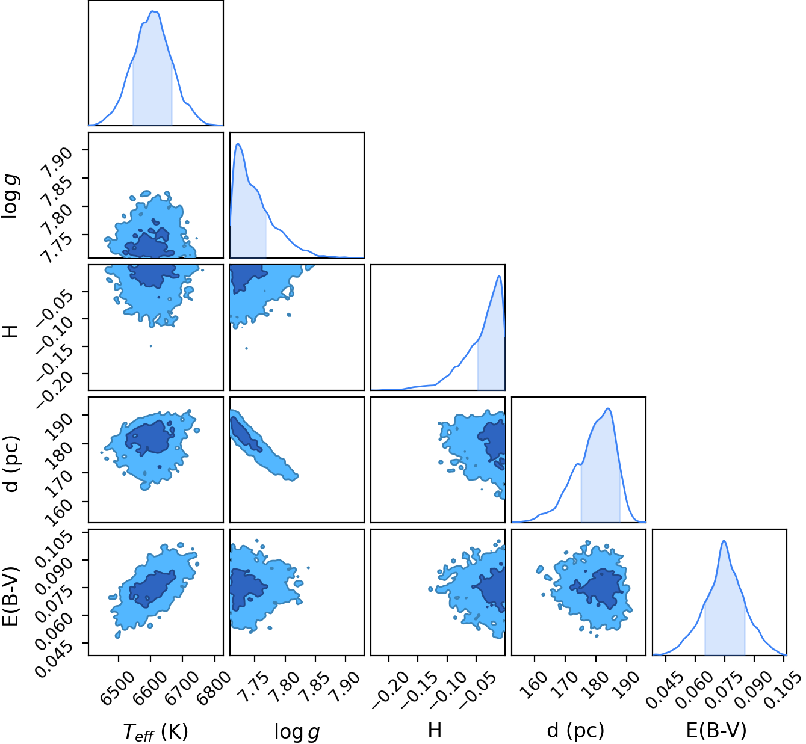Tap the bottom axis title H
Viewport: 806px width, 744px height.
click(435, 730)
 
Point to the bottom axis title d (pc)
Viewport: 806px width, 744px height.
click(575, 731)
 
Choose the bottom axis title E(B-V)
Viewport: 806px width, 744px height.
click(716, 731)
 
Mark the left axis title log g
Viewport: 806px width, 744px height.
click(11, 196)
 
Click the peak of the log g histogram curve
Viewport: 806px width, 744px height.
click(238, 144)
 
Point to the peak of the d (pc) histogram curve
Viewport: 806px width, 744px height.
click(607, 408)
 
